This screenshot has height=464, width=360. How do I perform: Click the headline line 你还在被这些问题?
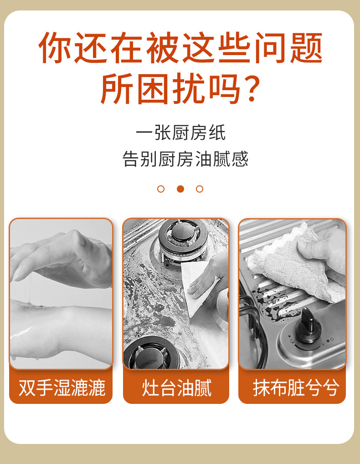pos(180,47)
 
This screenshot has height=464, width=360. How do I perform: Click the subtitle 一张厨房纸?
pos(180,133)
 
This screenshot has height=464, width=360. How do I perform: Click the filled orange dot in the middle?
pos(180,189)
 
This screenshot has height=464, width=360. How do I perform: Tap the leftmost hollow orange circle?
pos(161,189)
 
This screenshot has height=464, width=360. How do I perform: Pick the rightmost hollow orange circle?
pos(200,189)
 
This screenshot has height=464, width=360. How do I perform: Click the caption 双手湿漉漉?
pos(61,388)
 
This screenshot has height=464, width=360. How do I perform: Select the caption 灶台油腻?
pos(176,388)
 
